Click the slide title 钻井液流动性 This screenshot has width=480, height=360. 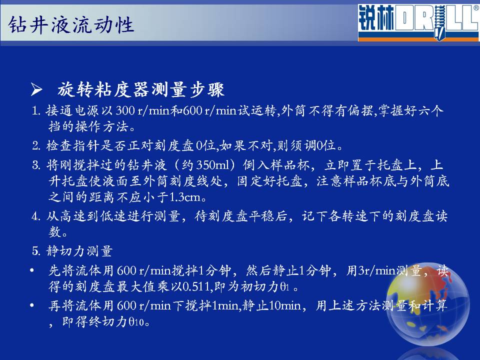point(71,24)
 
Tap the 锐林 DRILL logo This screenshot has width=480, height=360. point(418,22)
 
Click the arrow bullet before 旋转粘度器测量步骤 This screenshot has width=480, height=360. point(36,89)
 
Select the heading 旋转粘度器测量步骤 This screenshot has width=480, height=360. point(141,89)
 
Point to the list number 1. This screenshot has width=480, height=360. point(36,111)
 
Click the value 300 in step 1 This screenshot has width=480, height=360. point(125,110)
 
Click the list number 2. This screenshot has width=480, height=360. point(36,145)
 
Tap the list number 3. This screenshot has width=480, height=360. point(36,165)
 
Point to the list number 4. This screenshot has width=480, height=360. point(36,216)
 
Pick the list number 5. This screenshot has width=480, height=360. point(36,251)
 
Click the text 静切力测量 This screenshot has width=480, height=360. point(79,251)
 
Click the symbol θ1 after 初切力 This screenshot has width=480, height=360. point(284,286)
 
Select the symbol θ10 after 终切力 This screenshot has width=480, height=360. point(136,321)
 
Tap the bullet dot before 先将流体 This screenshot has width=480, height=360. point(32,270)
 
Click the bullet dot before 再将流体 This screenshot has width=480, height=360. point(32,305)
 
